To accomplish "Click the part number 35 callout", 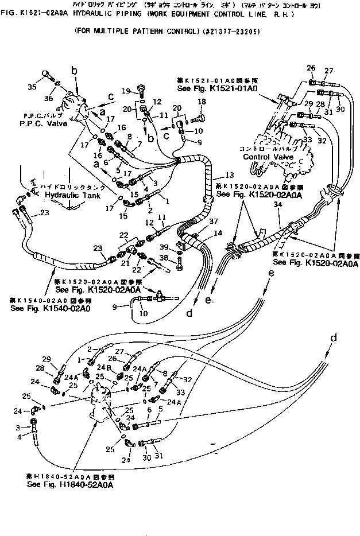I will pyautogui.click(x=32, y=87).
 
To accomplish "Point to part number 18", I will pyautogui.click(x=202, y=102).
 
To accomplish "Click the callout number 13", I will pyautogui.click(x=229, y=174).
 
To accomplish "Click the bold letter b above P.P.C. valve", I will pyautogui.click(x=73, y=70).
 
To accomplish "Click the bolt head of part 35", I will pyautogui.click(x=46, y=75).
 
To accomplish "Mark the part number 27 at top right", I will pyautogui.click(x=328, y=71).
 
